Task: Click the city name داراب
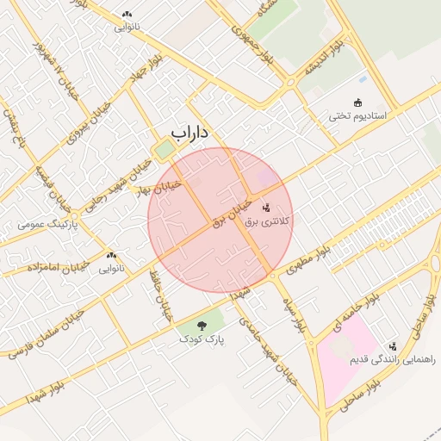[x=190, y=133]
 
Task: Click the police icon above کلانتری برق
[x=266, y=208]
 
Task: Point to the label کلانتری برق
[x=269, y=221]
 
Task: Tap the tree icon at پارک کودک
[x=202, y=326]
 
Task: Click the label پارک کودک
[x=201, y=339]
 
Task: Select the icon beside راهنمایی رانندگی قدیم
[x=393, y=346]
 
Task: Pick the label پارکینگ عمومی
[x=48, y=225]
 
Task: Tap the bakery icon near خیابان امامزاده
[x=110, y=256]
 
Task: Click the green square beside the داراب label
[x=163, y=150]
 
